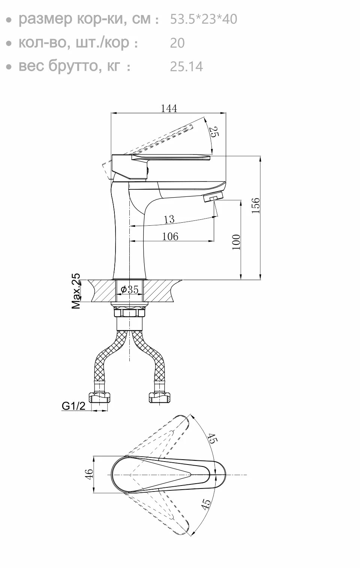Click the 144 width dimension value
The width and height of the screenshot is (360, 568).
[x=169, y=108]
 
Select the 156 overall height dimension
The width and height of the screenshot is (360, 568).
[x=256, y=206]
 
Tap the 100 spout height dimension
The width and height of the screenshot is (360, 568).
[x=236, y=242]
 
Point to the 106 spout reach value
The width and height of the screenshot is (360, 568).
[x=170, y=236]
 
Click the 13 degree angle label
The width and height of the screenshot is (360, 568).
[x=169, y=219]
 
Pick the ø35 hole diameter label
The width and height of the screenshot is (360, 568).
[x=130, y=289]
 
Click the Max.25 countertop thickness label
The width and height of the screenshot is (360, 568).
[x=76, y=291]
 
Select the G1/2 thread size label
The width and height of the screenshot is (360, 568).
[x=73, y=406]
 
